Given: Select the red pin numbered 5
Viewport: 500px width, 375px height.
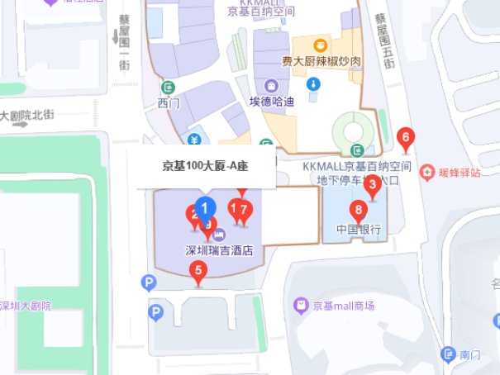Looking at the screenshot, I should pyautogui.click(x=198, y=270).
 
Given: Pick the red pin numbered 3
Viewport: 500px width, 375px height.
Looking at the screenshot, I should pyautogui.click(x=372, y=185).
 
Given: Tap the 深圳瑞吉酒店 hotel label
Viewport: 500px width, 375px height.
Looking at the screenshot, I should pyautogui.click(x=218, y=248).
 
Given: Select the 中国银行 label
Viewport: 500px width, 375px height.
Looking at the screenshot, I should pyautogui.click(x=358, y=229).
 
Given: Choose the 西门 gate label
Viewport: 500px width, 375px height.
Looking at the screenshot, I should pyautogui.click(x=168, y=103).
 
